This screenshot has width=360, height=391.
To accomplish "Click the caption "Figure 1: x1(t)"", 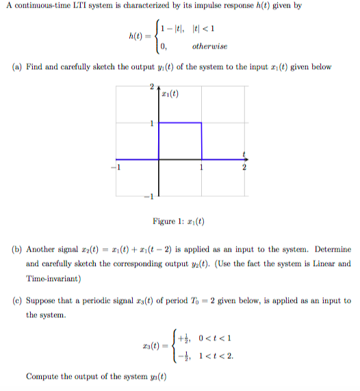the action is (179, 221).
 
